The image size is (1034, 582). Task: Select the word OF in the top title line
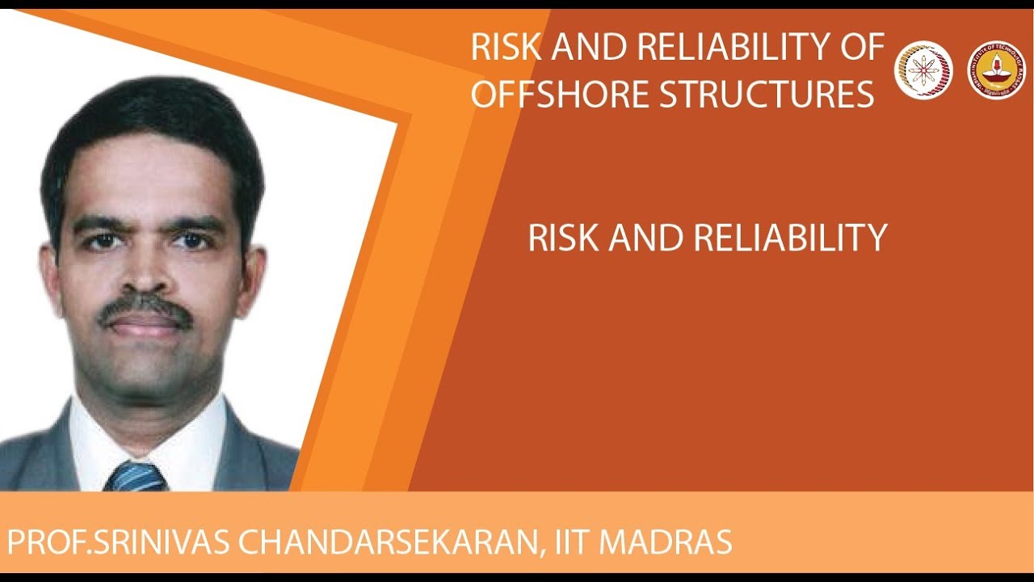[860, 48]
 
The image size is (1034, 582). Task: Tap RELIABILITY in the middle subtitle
[789, 238]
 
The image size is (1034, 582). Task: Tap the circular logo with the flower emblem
[923, 70]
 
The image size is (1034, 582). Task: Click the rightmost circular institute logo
[996, 70]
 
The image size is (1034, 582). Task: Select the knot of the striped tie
[135, 477]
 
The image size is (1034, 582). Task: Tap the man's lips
[145, 324]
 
